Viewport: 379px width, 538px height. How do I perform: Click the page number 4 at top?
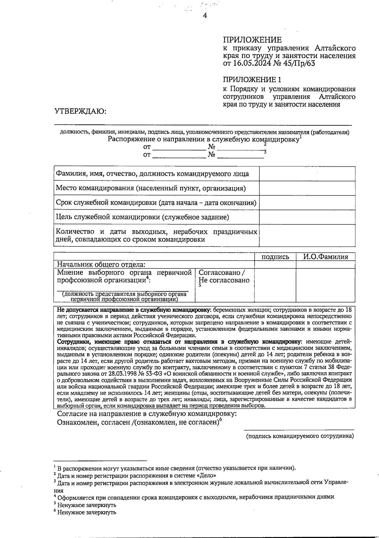point(205,15)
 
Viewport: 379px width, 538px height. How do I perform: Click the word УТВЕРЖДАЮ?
point(80,112)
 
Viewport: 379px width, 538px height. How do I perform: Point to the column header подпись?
point(275,257)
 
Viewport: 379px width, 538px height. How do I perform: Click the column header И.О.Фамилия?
point(325,257)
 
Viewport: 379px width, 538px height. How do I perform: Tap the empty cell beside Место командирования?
point(307,188)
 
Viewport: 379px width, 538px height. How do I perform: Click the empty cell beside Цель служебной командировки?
point(307,217)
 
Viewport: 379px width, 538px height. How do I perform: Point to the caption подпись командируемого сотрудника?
point(300,436)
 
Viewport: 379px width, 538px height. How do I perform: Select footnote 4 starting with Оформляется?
point(196,497)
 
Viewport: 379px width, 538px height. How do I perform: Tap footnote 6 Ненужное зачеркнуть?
point(87,512)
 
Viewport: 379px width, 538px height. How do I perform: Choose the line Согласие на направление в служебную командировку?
point(147,414)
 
